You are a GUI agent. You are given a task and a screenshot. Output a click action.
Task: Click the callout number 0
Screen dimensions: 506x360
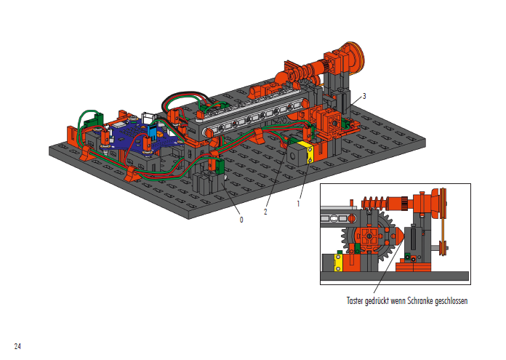tap(241, 220)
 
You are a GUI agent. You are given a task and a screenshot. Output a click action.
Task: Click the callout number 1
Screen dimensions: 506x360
tap(298, 204)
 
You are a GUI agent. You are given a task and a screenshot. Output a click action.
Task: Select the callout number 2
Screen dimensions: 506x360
tap(265, 212)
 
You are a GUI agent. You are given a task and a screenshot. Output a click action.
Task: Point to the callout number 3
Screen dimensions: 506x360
tap(364, 96)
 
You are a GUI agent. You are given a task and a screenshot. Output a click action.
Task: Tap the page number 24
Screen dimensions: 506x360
tap(17, 346)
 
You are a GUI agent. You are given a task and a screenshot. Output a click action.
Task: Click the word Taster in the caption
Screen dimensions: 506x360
tap(355, 301)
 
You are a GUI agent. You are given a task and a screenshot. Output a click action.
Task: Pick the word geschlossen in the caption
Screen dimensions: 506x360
tap(451, 301)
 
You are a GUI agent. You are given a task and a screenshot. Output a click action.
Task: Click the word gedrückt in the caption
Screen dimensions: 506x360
tap(377, 301)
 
